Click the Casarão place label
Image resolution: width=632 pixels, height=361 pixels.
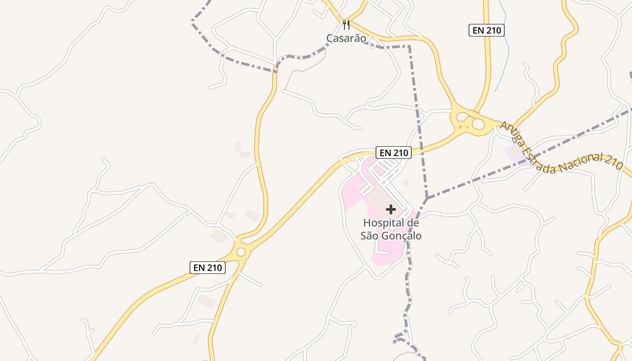pos(346,38)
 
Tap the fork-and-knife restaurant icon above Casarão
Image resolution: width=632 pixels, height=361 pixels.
pos(346,24)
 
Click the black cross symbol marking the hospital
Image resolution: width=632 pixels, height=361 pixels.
pos(391,209)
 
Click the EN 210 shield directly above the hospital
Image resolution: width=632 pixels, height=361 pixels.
pos(394,153)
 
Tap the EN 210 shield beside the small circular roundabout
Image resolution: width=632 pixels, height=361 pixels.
pos(208,268)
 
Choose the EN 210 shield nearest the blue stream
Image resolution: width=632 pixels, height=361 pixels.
pos(486,30)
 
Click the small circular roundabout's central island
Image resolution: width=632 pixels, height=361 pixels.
pos(241,252)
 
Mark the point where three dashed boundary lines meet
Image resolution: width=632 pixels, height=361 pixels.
pos(427,198)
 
